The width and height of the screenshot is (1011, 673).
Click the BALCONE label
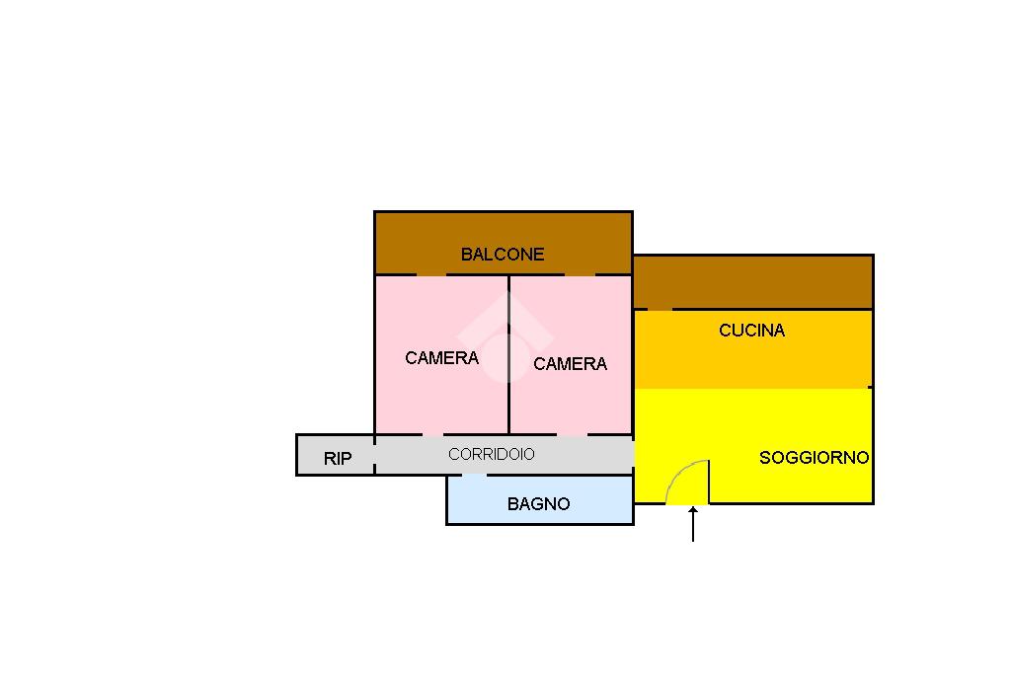pyautogui.click(x=503, y=255)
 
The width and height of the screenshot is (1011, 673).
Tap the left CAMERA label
pyautogui.click(x=441, y=358)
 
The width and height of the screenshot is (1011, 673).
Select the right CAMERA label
pyautogui.click(x=570, y=364)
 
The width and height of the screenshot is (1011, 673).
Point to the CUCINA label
pyautogui.click(x=751, y=331)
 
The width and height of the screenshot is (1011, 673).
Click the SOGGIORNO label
pyautogui.click(x=814, y=458)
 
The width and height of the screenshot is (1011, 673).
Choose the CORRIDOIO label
pyautogui.click(x=491, y=454)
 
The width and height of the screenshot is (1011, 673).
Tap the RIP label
pyautogui.click(x=338, y=459)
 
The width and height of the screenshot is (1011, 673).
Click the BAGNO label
pyautogui.click(x=538, y=504)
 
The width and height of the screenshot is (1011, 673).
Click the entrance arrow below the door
pyautogui.click(x=693, y=523)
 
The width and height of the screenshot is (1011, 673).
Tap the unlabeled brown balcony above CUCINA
pyautogui.click(x=752, y=282)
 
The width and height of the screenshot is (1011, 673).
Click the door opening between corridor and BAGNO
pyautogui.click(x=475, y=475)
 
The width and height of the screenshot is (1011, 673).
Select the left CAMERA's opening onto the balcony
pyautogui.click(x=431, y=274)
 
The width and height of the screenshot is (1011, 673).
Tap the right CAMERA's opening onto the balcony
pyautogui.click(x=580, y=274)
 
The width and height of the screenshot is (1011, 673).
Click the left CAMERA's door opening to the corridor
pyautogui.click(x=432, y=434)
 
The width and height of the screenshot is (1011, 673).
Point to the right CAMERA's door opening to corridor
pyautogui.click(x=572, y=434)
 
